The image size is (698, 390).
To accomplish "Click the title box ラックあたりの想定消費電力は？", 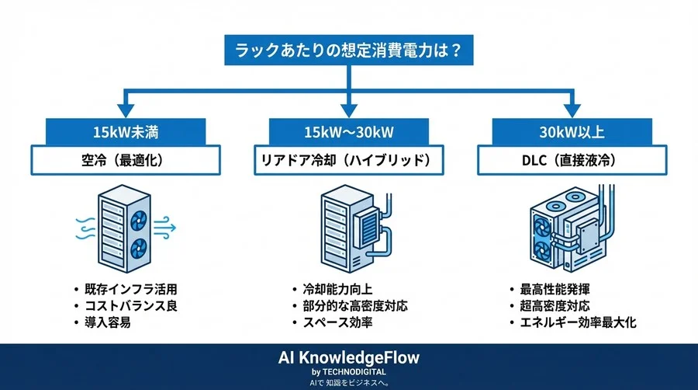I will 348,51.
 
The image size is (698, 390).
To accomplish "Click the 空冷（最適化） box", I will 127,161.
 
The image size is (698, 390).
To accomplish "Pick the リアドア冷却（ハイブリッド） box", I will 348,161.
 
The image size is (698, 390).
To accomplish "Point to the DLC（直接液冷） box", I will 571,161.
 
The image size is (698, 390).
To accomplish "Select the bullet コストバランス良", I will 136,305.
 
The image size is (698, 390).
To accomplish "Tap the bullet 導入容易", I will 113,322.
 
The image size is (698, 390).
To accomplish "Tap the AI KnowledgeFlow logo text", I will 348,357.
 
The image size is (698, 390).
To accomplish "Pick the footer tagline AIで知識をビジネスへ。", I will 348,383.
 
